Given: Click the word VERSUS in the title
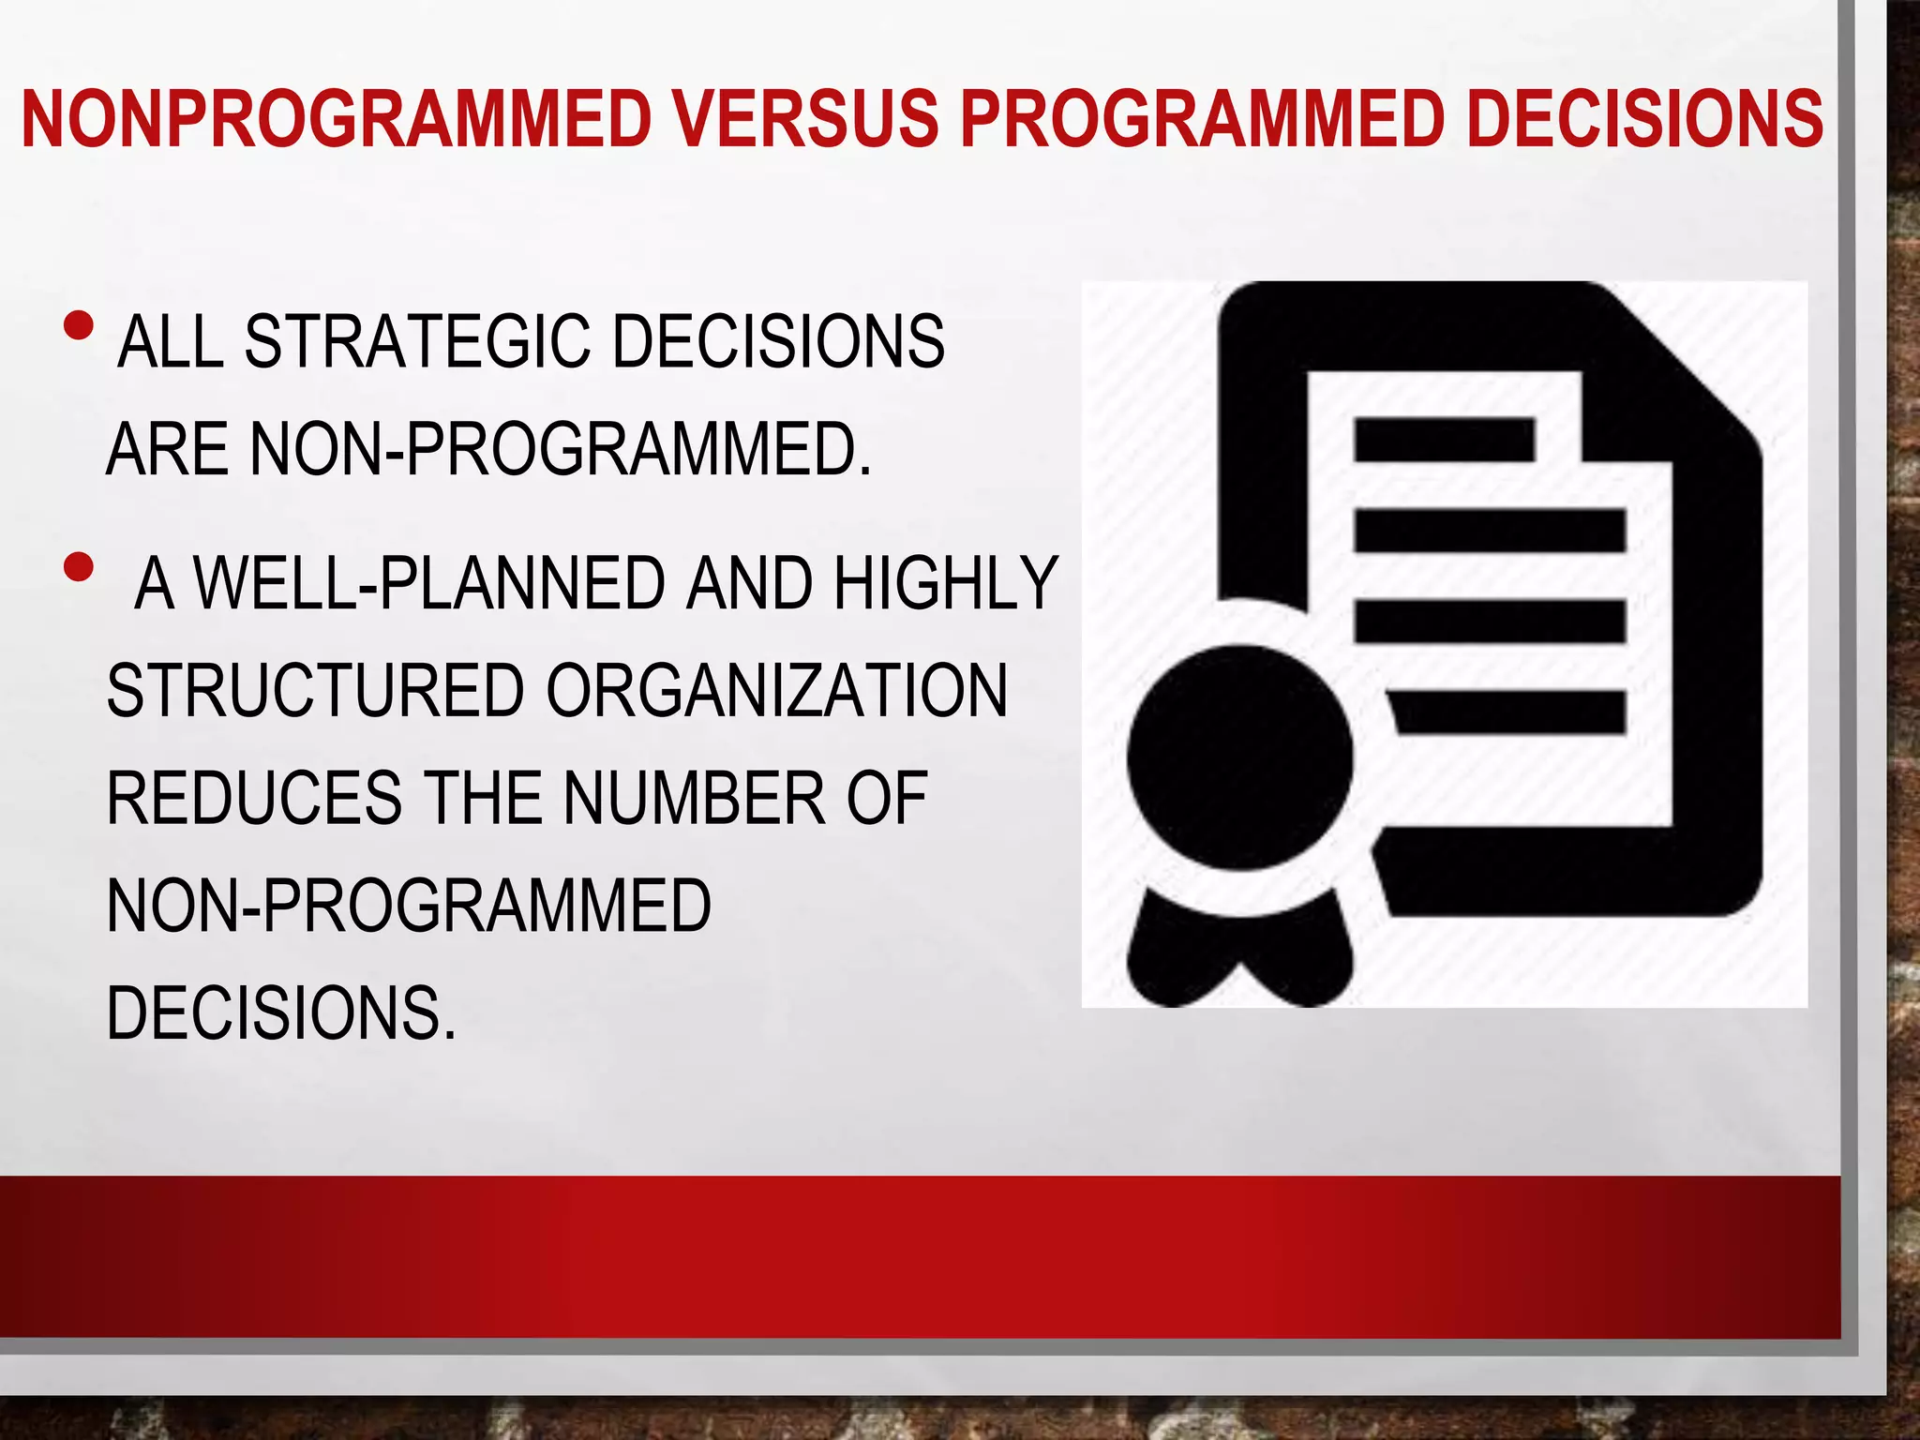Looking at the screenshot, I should [806, 119].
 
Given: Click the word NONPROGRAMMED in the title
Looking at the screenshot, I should [336, 119].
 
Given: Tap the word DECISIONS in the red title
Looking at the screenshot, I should [1644, 119].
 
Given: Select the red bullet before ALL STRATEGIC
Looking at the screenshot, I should [80, 325].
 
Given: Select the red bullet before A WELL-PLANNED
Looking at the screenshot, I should [80, 566].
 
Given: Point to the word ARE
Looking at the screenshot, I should [167, 450].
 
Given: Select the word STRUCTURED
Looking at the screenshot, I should [315, 691].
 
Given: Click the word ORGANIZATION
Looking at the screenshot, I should [776, 691].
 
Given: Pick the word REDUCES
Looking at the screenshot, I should [254, 799].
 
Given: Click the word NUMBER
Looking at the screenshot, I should [694, 799].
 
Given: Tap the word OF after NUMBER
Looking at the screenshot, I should [887, 799].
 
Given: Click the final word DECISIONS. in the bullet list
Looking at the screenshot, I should [281, 1013].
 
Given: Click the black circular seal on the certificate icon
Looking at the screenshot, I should [1239, 757].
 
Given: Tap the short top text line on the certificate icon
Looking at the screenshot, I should [1444, 440].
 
